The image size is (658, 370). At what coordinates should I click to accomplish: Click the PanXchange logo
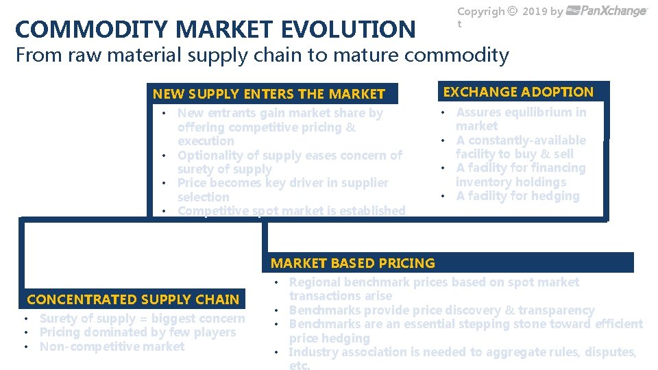tap(607, 11)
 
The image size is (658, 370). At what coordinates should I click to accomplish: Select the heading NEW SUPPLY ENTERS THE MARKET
tap(269, 94)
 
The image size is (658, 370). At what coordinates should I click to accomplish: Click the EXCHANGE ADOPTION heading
tap(518, 92)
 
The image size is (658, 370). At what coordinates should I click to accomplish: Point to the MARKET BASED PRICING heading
tap(352, 263)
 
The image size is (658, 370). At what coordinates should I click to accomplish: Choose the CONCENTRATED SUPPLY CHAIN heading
tap(133, 299)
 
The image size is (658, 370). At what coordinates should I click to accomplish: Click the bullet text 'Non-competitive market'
tap(112, 347)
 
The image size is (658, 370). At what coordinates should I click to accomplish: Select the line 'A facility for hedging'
tap(517, 196)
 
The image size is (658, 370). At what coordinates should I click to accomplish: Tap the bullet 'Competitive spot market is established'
tap(291, 211)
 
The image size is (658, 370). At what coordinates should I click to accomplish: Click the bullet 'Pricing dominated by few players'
tap(137, 332)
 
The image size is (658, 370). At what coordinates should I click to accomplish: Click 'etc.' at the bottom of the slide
tap(300, 365)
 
